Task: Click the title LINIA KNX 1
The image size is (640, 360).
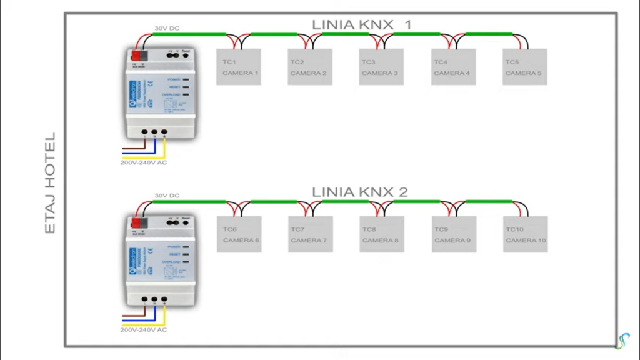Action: click(362, 25)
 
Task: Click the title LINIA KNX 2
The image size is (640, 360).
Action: click(360, 192)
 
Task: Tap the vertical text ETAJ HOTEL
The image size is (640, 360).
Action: click(51, 182)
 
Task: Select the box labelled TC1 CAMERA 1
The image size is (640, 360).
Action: click(238, 67)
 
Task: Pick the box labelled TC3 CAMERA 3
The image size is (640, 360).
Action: click(381, 67)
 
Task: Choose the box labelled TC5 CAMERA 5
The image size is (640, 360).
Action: click(525, 67)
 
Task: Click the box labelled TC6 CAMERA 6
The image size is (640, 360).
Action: click(239, 234)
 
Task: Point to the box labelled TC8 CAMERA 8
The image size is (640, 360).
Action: click(381, 234)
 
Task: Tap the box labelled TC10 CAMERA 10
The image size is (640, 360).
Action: click(525, 234)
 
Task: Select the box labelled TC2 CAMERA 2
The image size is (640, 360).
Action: click(310, 67)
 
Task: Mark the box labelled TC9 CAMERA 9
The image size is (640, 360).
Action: click(454, 234)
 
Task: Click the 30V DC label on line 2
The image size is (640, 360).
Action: click(167, 196)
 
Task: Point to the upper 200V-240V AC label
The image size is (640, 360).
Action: click(144, 162)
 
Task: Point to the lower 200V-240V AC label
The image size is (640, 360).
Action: click(144, 329)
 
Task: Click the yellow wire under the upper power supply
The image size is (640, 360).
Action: click(164, 149)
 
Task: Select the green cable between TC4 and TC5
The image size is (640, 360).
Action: click(489, 34)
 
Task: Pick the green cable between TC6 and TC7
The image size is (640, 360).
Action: click(274, 201)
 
